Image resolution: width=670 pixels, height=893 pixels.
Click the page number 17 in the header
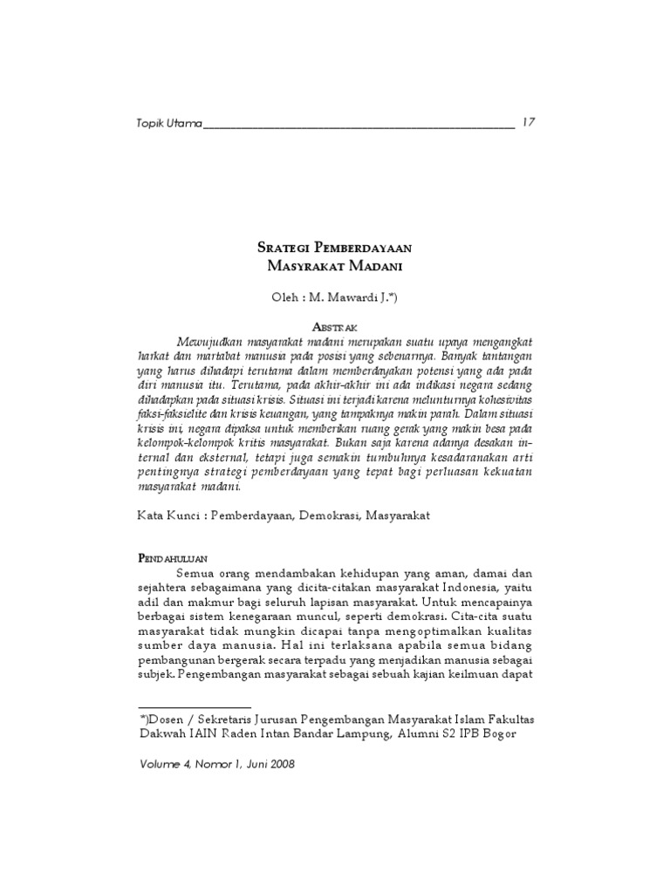529,121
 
